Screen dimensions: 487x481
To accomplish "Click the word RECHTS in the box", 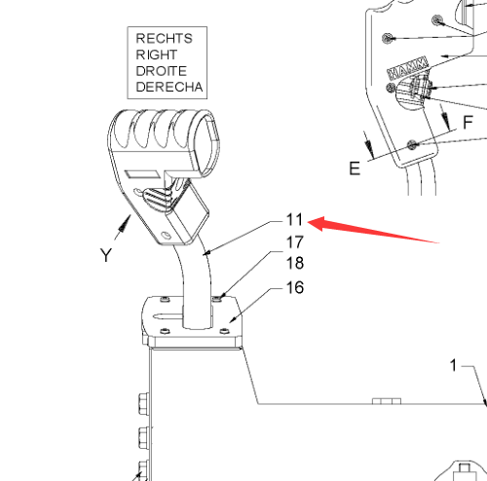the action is pos(164,39).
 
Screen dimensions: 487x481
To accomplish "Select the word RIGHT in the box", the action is pos(157,55).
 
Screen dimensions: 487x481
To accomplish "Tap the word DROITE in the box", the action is pos(162,71).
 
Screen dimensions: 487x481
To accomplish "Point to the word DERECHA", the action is pos(169,87).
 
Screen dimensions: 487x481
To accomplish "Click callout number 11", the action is pos(294,220).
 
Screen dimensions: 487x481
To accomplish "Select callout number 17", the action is pos(295,242).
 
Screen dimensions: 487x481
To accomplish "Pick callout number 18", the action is pos(295,263).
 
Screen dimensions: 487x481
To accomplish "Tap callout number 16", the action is pos(295,287).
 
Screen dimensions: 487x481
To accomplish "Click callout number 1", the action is pos(454,365).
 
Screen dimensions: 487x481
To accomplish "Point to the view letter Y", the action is pos(106,255).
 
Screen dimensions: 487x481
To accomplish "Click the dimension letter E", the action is pos(355,168).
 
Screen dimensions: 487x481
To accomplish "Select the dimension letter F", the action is pos(468,123).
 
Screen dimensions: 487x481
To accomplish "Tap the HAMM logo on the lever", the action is pos(408,68).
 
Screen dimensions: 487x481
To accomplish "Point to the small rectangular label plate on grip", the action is pos(143,174).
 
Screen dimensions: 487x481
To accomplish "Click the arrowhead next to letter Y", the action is pos(125,223).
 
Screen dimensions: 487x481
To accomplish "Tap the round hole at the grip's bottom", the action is pos(167,235).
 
